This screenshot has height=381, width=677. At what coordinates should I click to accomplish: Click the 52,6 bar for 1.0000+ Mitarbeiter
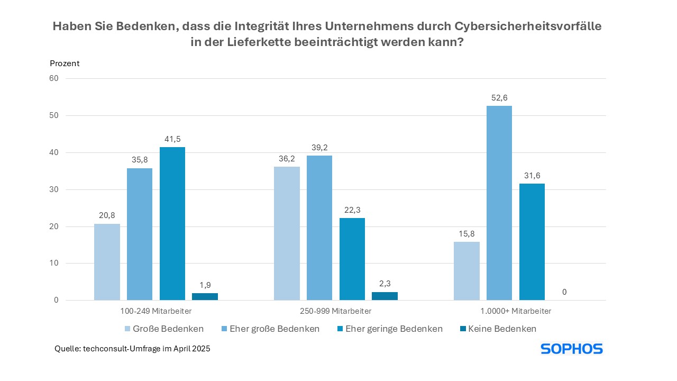[x=499, y=203]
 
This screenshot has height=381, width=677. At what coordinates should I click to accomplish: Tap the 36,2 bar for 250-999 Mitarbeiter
[x=287, y=233]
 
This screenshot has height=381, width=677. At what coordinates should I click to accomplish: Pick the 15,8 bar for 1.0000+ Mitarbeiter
[x=466, y=271]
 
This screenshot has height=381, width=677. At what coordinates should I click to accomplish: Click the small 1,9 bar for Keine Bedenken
[x=205, y=297]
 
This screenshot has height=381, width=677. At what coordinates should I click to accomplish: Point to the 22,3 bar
[x=352, y=259]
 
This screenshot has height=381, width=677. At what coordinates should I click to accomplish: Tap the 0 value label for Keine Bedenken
[x=564, y=292]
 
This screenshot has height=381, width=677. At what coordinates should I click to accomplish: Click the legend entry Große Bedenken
[x=163, y=329]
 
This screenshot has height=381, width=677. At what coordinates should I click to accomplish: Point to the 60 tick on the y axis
[x=54, y=78]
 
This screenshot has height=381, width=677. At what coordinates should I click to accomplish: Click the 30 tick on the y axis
[x=54, y=189]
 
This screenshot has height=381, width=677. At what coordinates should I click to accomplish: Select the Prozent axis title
[x=65, y=63]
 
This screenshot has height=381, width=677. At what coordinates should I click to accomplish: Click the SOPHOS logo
[x=571, y=349]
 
